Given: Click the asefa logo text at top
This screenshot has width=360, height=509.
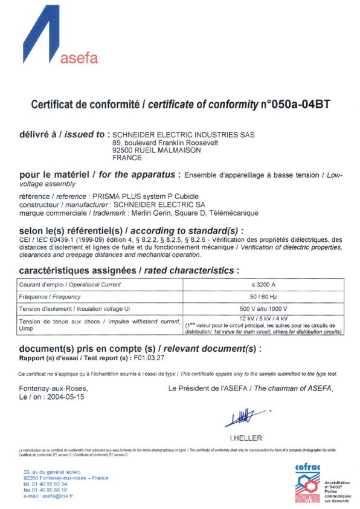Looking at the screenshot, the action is pos(80,58).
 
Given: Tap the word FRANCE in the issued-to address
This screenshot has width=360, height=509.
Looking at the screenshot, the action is pos(127,158).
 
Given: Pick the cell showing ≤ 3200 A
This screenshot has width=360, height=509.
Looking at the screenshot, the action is pos(263,284).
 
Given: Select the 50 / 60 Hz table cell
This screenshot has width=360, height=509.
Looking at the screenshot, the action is pos(263,297).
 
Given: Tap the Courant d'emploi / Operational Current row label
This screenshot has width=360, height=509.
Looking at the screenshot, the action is pos(70,284).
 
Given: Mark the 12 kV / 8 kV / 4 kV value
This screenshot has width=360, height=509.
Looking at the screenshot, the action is pos(263,318).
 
